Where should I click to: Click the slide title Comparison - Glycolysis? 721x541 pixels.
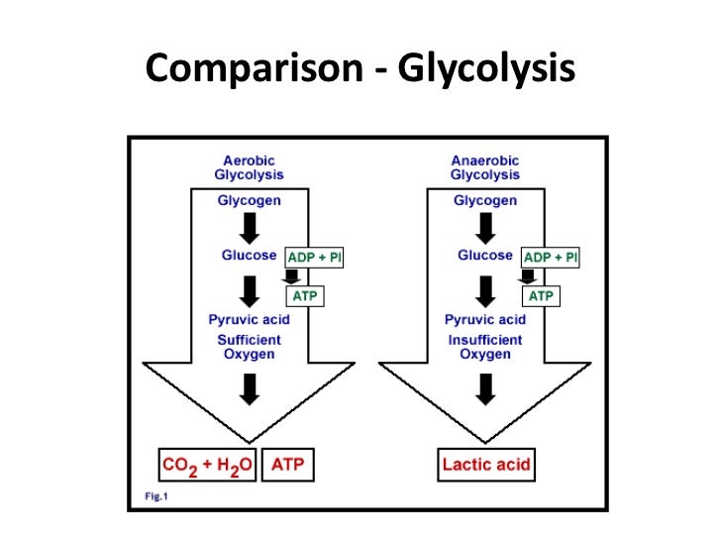tap(360, 68)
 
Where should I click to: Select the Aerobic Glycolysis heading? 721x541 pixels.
tap(249, 167)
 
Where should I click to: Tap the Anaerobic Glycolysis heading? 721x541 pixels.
tap(485, 167)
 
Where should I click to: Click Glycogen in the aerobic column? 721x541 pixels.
tap(249, 200)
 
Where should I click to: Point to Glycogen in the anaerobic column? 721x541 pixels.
tap(485, 200)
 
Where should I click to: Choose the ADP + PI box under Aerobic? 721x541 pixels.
tap(314, 257)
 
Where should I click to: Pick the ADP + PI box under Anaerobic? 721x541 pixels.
tap(550, 257)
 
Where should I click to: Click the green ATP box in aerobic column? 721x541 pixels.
tap(305, 295)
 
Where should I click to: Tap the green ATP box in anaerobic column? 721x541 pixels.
tap(541, 295)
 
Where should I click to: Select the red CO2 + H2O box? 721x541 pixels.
tap(208, 464)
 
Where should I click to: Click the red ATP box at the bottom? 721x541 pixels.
tap(288, 464)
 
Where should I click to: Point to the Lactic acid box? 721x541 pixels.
tap(486, 464)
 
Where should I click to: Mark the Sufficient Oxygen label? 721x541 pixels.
tap(249, 347)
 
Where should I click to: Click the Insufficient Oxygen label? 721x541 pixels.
tap(485, 347)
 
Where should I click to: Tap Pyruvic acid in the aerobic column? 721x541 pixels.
tap(249, 319)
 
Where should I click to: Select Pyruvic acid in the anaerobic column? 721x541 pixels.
tap(485, 319)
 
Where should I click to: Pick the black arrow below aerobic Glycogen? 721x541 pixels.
tap(250, 227)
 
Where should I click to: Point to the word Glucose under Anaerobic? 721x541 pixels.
tap(485, 256)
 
